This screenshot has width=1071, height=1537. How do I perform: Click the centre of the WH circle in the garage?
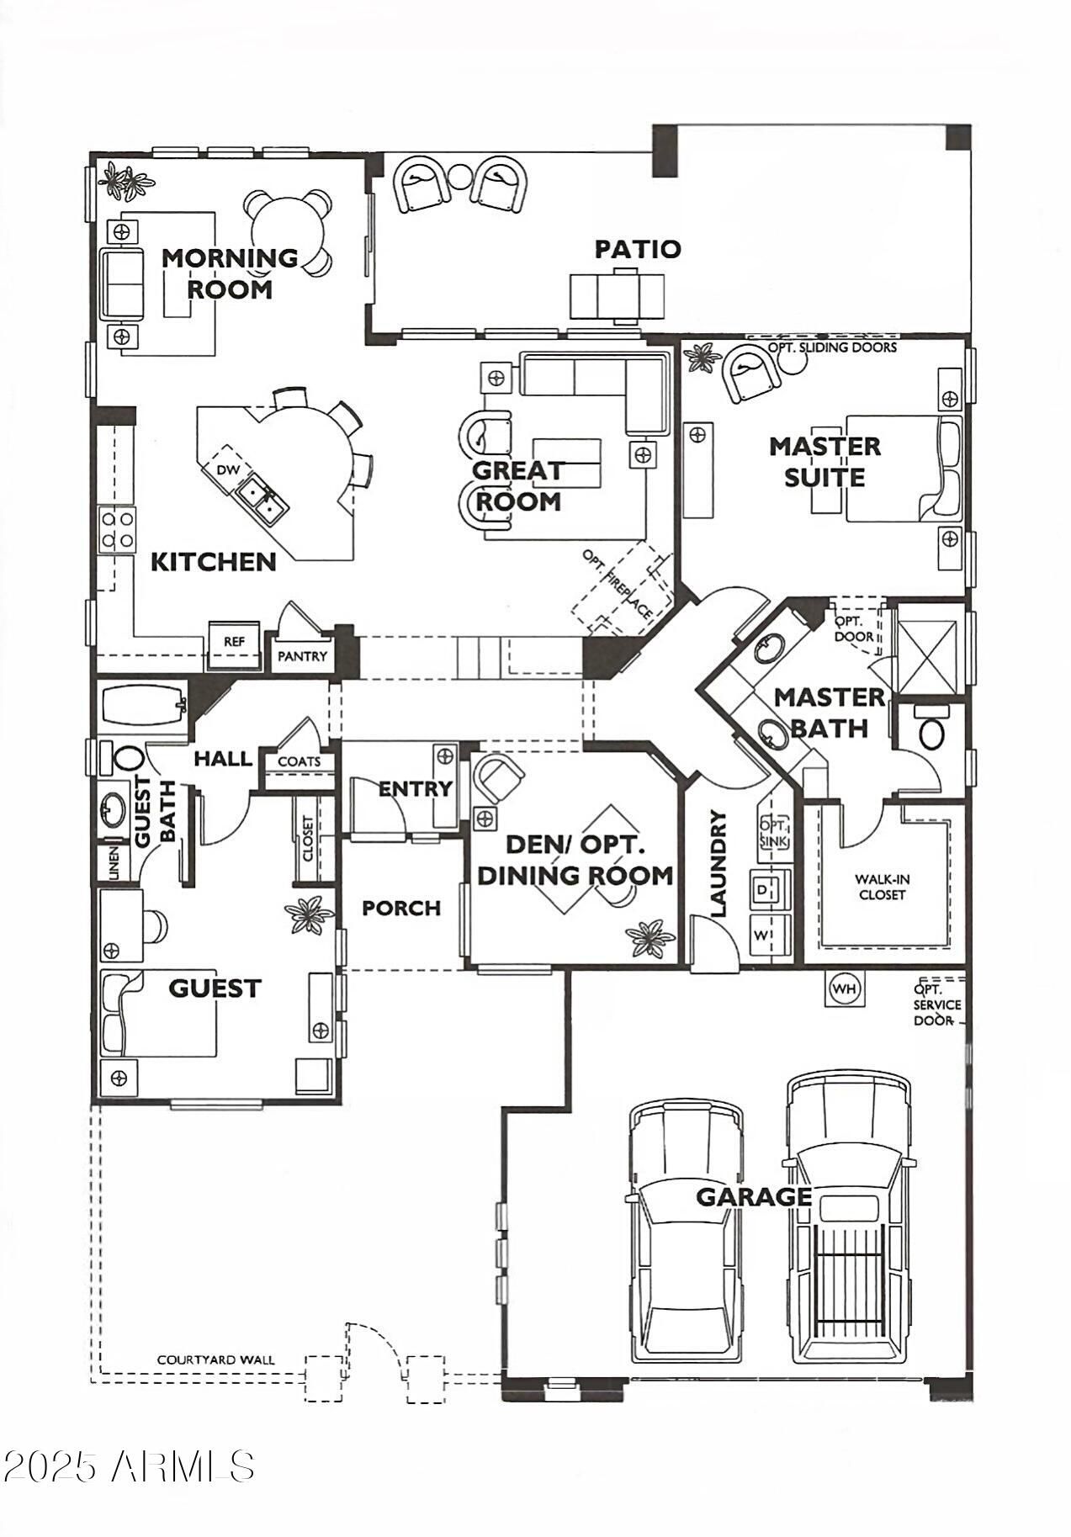pyautogui.click(x=845, y=988)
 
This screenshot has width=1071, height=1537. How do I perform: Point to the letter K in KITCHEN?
pyautogui.click(x=159, y=562)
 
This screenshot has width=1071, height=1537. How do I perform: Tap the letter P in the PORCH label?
pyautogui.click(x=368, y=909)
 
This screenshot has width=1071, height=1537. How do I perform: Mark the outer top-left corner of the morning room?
pyautogui.click(x=91, y=153)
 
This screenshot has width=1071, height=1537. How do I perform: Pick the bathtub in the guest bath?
pyautogui.click(x=144, y=704)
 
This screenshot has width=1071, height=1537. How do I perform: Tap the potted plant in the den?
pyautogui.click(x=651, y=938)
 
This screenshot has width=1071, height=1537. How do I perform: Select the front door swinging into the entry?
pyautogui.click(x=379, y=807)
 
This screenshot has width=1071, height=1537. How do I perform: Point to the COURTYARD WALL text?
pyautogui.click(x=215, y=1360)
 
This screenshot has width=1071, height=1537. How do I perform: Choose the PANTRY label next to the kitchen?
pyautogui.click(x=302, y=656)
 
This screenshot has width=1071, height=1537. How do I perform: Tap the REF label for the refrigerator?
pyautogui.click(x=234, y=642)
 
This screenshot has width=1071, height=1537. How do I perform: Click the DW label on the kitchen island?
pyautogui.click(x=227, y=469)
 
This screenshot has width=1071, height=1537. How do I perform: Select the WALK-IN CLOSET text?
pyautogui.click(x=882, y=888)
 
